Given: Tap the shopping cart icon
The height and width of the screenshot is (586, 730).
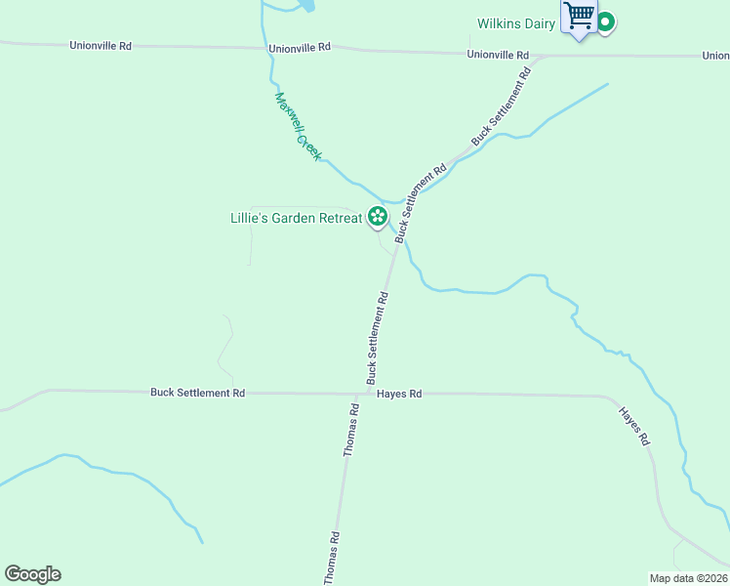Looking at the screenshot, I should pyautogui.click(x=580, y=17).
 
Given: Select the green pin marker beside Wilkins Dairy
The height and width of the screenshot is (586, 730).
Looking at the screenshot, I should pyautogui.click(x=605, y=21).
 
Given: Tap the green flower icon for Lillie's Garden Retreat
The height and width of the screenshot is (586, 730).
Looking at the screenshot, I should pyautogui.click(x=377, y=218).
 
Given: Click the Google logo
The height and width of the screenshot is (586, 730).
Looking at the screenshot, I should pyautogui.click(x=32, y=574).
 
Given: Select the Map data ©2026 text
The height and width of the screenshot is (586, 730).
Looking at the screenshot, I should pyautogui.click(x=688, y=578).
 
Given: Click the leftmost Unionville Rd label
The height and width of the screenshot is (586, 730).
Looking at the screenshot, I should pyautogui.click(x=100, y=46).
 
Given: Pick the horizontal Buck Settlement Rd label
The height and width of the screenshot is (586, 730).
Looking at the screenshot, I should pyautogui.click(x=197, y=393).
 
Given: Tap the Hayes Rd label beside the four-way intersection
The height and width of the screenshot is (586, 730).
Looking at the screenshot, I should pyautogui.click(x=401, y=394).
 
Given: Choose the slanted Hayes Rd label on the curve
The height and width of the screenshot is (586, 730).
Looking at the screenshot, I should pyautogui.click(x=632, y=427).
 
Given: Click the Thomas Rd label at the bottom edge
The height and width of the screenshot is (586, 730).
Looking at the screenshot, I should pyautogui.click(x=334, y=558).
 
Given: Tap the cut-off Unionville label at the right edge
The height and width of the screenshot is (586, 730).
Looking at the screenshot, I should pyautogui.click(x=715, y=56).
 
